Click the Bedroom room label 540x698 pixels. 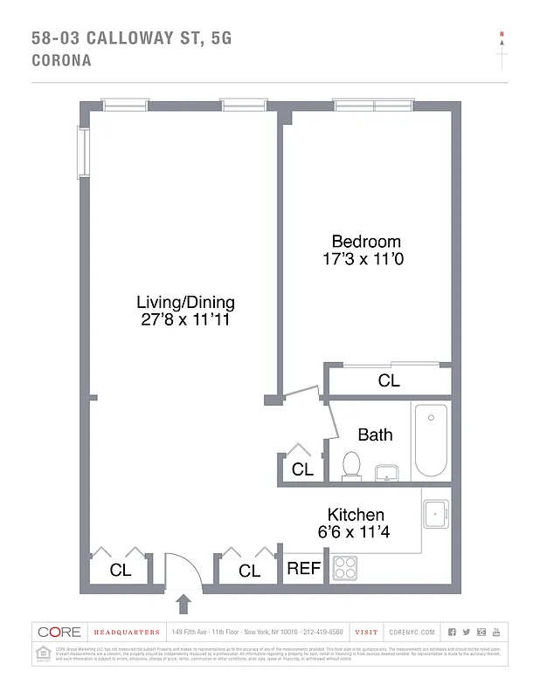pos(365,242)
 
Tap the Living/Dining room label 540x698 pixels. pos(185,303)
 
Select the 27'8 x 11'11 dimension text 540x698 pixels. pos(185,320)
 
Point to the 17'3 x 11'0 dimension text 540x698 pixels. pos(365,259)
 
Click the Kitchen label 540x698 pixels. pos(356,515)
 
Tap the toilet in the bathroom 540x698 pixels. pos(352,465)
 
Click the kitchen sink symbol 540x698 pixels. pos(435,515)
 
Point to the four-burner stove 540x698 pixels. pos(344,568)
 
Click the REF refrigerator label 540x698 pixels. pos(304,569)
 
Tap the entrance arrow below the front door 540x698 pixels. pos(184,604)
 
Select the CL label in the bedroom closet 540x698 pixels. pos(389,381)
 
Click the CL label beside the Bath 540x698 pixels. pos(302,469)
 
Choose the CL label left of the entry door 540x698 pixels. pos(121,571)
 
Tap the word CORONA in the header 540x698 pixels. pos(61,61)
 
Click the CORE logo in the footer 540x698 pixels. pos(59,632)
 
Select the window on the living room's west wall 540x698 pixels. pos(82,153)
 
